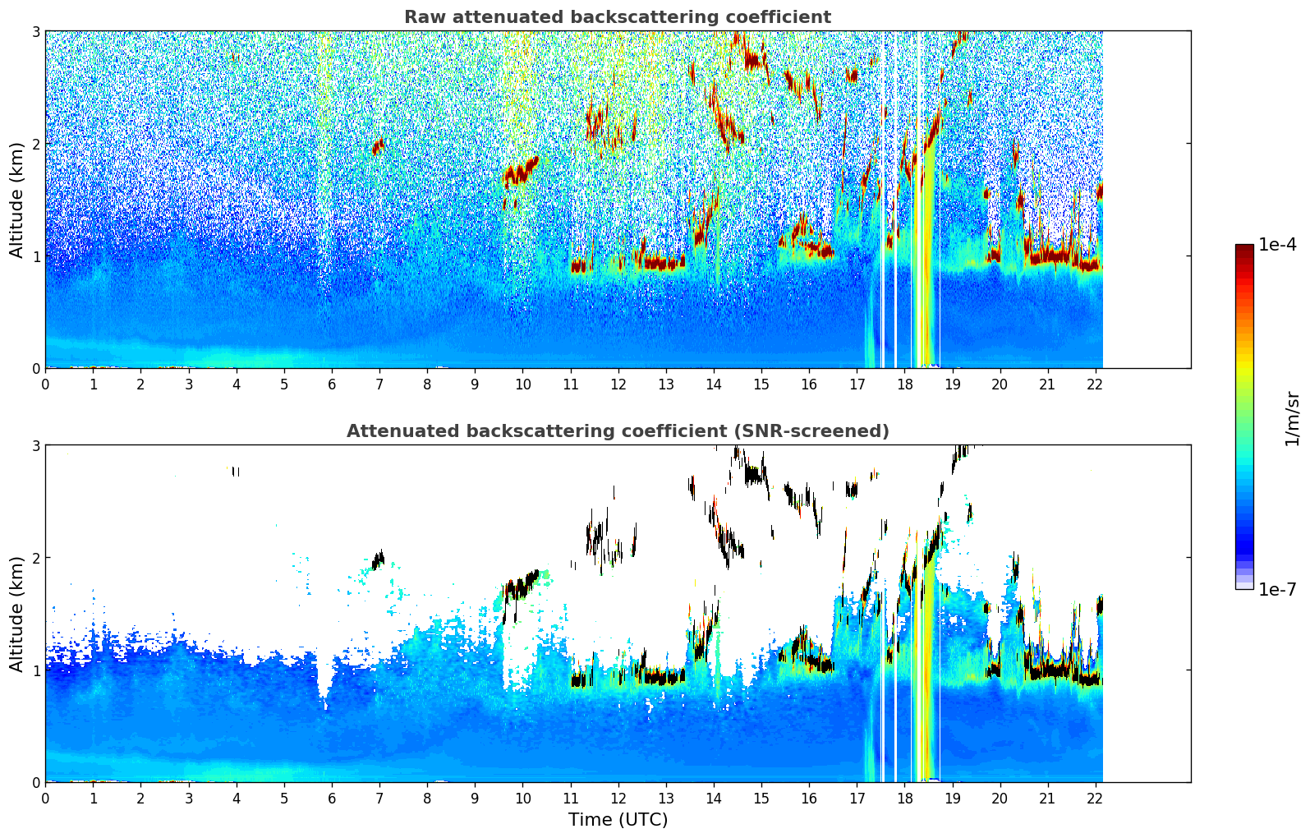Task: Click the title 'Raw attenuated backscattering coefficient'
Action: pos(617,17)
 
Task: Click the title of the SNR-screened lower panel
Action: pos(617,431)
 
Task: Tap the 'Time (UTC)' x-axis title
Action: pos(618,820)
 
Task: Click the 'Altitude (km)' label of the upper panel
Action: pos(17,200)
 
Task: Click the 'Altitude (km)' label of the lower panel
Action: pos(17,614)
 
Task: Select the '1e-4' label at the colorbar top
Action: pos(1277,245)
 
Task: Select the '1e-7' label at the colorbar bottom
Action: pos(1277,589)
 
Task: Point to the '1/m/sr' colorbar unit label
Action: pos(1292,418)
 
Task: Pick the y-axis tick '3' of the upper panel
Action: pos(36,31)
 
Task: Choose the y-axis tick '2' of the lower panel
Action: pos(36,558)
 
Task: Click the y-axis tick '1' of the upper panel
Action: pos(36,256)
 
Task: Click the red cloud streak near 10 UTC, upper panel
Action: pos(519,172)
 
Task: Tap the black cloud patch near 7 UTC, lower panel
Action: pos(378,561)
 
